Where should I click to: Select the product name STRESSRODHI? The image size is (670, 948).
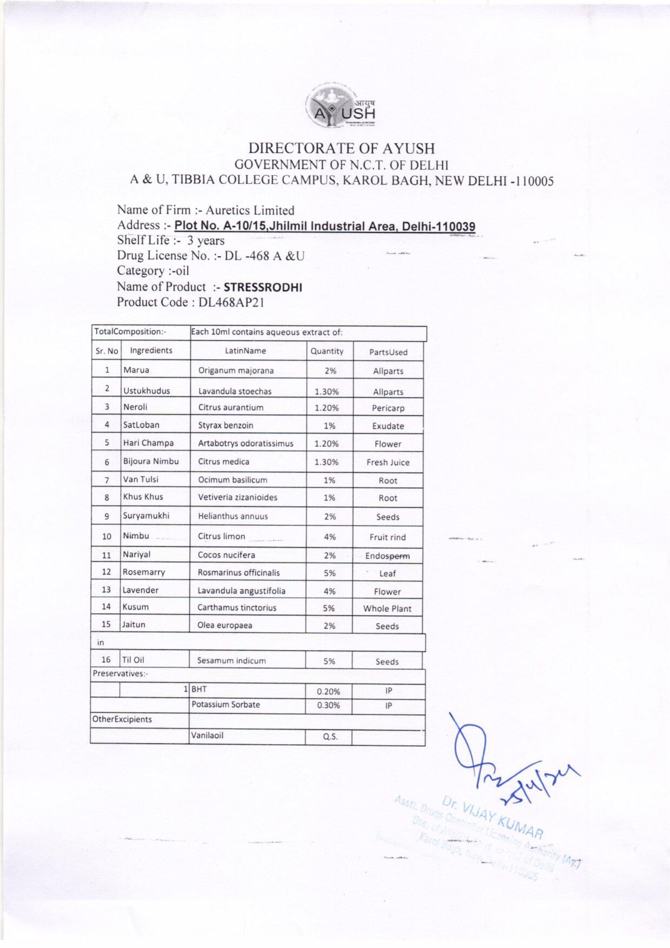click(x=263, y=288)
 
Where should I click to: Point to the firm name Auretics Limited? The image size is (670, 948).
click(x=250, y=211)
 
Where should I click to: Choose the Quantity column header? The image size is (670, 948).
click(x=327, y=351)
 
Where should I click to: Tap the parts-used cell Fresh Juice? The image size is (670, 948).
click(x=387, y=463)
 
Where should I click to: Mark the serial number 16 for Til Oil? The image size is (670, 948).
click(x=106, y=660)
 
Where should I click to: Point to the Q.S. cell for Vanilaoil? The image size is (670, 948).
click(x=329, y=737)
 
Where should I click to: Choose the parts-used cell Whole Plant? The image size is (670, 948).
click(x=387, y=608)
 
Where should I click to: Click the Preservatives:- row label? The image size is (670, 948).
click(x=121, y=674)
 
